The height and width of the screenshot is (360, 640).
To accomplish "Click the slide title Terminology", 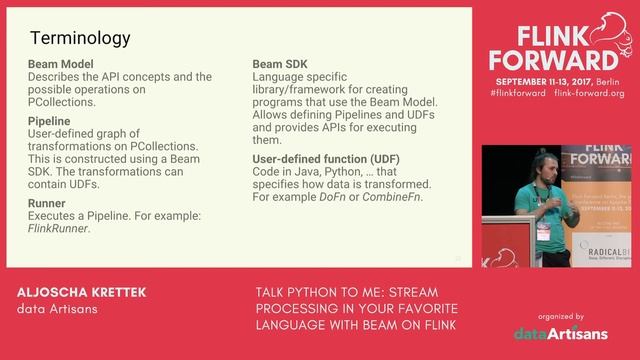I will [x=80, y=40].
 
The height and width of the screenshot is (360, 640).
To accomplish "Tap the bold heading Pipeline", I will [x=49, y=121].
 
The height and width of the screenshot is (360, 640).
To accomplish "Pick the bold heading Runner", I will [x=47, y=203].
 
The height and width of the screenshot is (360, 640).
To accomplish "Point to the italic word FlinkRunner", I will [x=58, y=228].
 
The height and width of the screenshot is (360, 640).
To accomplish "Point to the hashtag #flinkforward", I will [x=516, y=93].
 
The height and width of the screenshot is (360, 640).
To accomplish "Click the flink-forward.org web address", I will [x=588, y=93].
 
